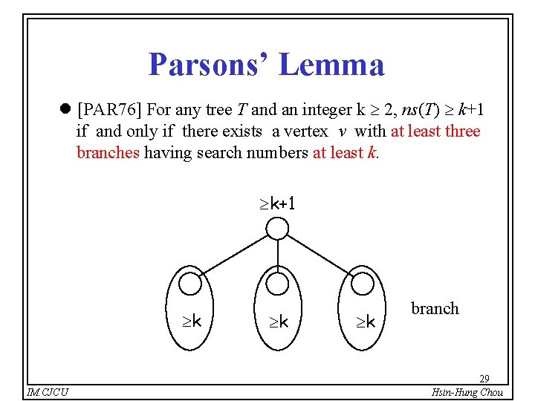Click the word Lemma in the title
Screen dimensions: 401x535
pos(332,65)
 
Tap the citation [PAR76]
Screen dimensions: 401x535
pos(110,110)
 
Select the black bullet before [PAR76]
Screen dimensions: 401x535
pos(65,111)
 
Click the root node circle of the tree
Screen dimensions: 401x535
pos(277,228)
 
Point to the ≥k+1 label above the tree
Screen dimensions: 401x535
pos(277,203)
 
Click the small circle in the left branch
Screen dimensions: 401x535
pos(191,283)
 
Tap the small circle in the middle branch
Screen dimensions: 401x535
pos(277,283)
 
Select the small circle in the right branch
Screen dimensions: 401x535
pos(363,283)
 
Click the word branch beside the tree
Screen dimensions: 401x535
pos(435,309)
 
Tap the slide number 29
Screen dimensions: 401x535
pos(484,379)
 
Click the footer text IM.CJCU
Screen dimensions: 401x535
pos(48,392)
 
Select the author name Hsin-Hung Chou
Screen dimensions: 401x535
pos(467,392)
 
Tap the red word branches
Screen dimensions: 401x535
pos(108,154)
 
